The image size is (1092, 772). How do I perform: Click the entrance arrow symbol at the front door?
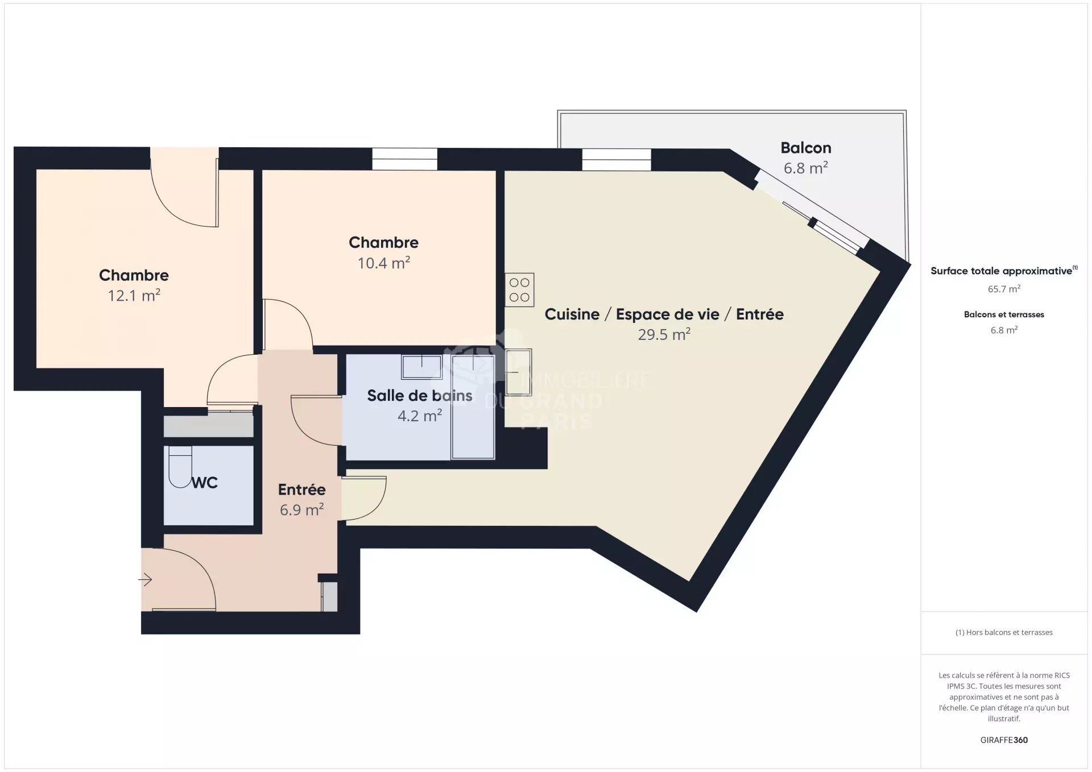pos(145,580)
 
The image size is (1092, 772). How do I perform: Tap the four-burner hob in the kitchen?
pos(519,290)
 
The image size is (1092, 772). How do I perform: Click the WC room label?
pos(204,483)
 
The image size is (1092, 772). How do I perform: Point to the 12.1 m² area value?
pos(134,296)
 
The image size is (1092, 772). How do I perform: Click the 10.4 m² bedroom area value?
pos(383,263)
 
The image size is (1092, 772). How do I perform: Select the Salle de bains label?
pos(419,396)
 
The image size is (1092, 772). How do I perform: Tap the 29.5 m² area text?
pos(664,334)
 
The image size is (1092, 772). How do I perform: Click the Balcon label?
pos(805,148)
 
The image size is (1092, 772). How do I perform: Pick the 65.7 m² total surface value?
pos(1004,289)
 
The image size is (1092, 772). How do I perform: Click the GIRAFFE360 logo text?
pos(1004,740)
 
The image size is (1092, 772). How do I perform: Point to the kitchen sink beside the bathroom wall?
pos(518,372)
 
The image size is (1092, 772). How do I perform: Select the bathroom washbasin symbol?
pos(421,367)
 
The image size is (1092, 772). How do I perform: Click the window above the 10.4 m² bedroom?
pos(404,159)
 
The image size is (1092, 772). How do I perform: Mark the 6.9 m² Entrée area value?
pos(301,509)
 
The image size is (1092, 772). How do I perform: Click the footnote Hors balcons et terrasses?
pos(1004,632)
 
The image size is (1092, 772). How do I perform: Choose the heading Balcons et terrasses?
pos(1004,314)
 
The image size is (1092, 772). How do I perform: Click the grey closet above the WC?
pos(208,425)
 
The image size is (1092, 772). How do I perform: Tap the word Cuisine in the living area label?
pos(572,314)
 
